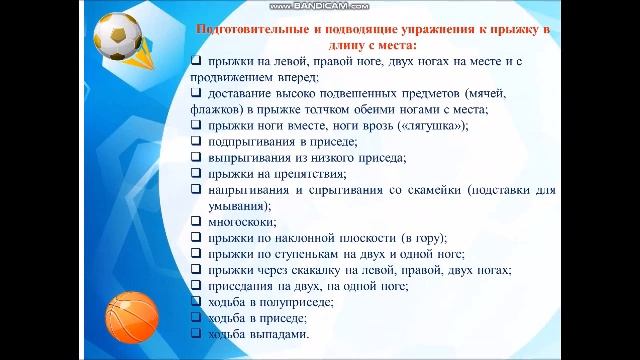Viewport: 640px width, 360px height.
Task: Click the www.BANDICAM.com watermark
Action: [320, 7]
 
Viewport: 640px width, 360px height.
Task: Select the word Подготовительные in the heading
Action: [253, 29]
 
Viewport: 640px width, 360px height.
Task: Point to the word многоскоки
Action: [241, 221]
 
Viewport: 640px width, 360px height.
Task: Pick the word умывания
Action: [236, 205]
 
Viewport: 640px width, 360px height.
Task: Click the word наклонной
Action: [308, 237]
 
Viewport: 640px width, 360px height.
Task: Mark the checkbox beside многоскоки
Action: [195, 221]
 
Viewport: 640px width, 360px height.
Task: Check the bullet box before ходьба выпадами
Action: [195, 333]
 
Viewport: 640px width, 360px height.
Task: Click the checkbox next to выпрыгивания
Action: [195, 157]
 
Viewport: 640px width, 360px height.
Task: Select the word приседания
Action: [241, 285]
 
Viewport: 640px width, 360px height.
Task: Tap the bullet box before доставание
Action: [195, 93]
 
